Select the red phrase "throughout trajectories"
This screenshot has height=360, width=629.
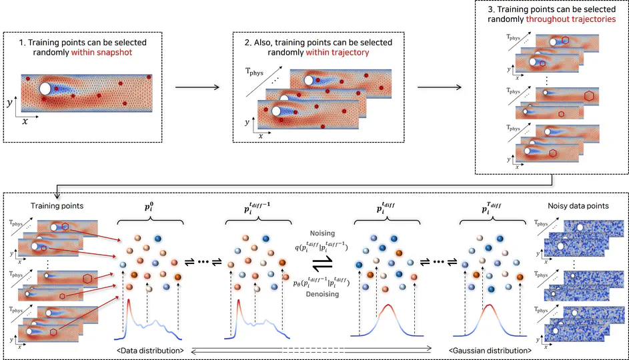(570, 20)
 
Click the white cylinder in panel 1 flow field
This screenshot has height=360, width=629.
(45, 89)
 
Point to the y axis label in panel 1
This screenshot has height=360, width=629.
(9, 103)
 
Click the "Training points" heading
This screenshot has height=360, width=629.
(58, 206)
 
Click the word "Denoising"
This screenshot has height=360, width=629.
(323, 294)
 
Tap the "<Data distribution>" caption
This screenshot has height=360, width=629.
(150, 350)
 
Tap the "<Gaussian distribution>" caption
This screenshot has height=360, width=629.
(490, 350)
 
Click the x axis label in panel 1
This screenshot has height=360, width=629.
(25, 121)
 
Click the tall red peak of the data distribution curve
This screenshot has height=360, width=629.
(129, 304)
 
